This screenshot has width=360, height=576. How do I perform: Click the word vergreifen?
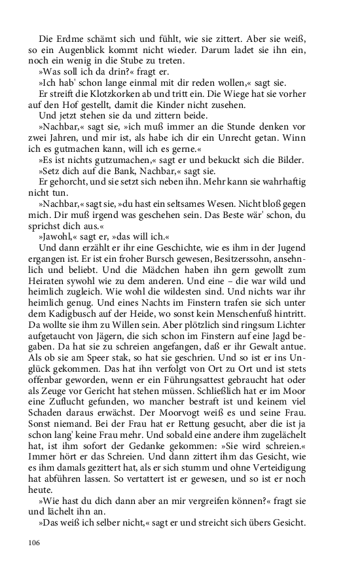181,516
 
